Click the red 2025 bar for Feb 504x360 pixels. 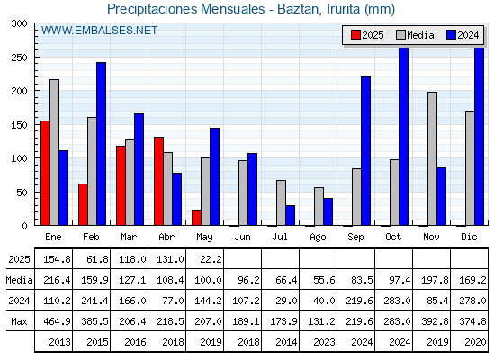[83, 204]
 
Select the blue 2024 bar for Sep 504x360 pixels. [365, 151]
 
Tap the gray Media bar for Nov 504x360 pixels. [432, 158]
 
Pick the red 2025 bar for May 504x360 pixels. [196, 218]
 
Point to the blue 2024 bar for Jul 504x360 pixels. [290, 215]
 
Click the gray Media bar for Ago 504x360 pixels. [319, 206]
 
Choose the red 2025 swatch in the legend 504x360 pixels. [355, 35]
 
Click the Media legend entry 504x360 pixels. [415, 35]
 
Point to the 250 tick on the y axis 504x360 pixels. [35, 58]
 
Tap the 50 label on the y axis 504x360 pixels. [22, 193]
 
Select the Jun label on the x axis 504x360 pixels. [242, 238]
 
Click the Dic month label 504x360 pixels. [469, 237]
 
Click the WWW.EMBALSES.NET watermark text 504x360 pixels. [99, 31]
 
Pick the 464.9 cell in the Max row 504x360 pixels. [58, 321]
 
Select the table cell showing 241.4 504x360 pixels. [94, 301]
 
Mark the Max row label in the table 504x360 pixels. [19, 321]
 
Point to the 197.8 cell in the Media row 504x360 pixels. [435, 280]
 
